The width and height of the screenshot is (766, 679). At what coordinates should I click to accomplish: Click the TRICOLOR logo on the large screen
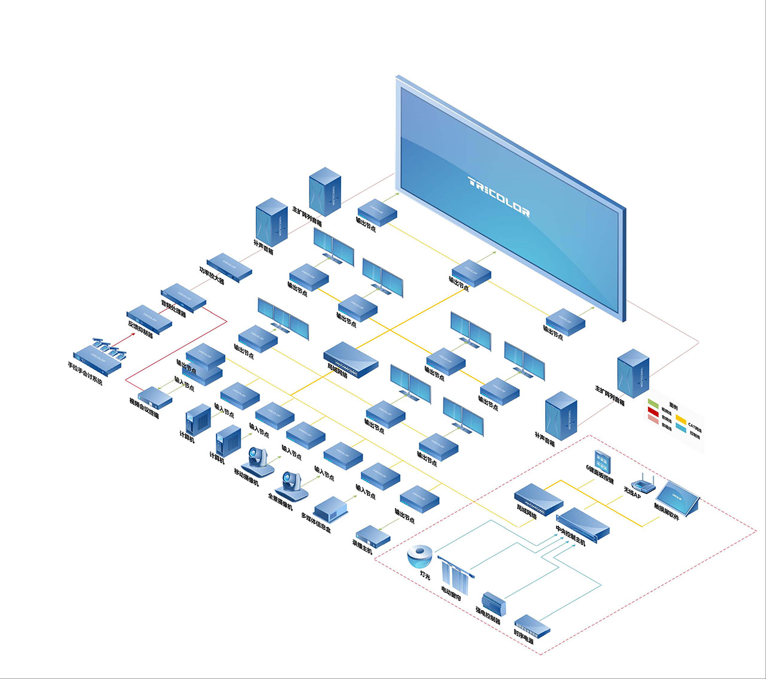click(x=498, y=196)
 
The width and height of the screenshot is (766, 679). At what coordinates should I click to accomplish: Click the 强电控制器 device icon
click(x=494, y=602)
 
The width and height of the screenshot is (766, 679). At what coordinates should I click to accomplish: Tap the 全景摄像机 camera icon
click(x=293, y=484)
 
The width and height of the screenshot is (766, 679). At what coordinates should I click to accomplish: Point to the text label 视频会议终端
click(x=144, y=408)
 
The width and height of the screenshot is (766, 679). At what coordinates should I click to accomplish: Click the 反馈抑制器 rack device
click(x=149, y=317)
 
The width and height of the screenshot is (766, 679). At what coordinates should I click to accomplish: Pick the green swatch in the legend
click(x=653, y=402)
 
